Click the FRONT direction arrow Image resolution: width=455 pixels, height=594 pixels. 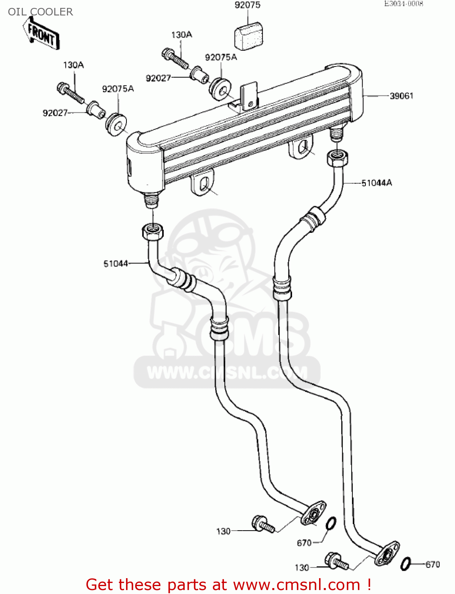(41, 35)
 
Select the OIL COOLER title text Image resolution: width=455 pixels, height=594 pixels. (40, 12)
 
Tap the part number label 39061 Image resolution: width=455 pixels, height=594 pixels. (401, 96)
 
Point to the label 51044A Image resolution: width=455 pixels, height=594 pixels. (377, 183)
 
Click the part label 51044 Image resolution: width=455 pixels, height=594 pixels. (116, 263)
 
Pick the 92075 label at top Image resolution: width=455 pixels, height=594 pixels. (247, 5)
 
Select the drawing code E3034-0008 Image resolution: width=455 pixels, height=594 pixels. (403, 4)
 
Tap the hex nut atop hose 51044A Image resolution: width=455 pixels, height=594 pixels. (337, 158)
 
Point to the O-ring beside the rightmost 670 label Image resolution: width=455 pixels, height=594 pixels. (406, 564)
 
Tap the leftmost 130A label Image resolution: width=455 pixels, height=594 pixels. (73, 65)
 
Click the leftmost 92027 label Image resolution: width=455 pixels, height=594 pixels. (55, 113)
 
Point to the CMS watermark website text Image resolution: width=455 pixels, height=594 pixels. (227, 372)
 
